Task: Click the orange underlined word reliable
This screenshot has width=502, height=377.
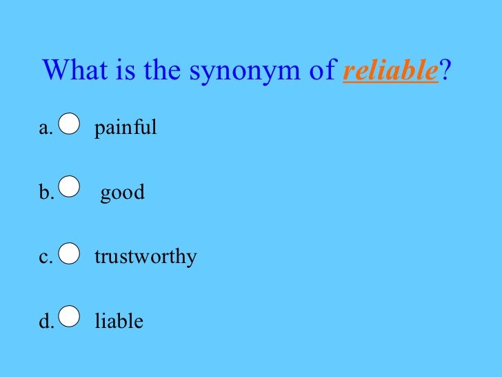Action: click(x=390, y=71)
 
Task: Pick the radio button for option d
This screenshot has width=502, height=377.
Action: click(x=70, y=316)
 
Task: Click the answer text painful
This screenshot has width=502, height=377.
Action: click(x=125, y=128)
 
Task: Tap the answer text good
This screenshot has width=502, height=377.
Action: click(x=123, y=193)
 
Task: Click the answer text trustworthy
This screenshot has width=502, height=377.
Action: click(x=145, y=258)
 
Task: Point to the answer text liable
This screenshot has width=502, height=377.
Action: click(x=119, y=321)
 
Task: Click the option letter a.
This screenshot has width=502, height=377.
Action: click(x=45, y=128)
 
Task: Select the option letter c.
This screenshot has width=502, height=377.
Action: click(x=45, y=258)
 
